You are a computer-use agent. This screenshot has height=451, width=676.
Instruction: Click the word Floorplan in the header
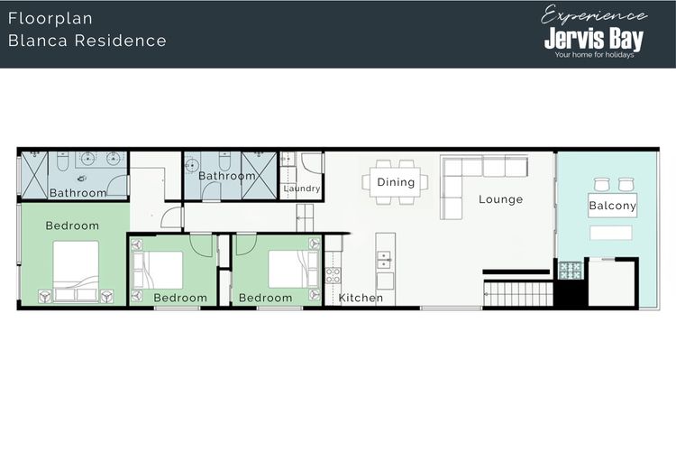(50, 19)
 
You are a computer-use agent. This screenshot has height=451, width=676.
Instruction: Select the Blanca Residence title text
(87, 41)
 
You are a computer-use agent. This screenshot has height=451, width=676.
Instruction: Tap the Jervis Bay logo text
(594, 39)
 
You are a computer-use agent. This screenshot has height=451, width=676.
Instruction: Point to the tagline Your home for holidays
(594, 55)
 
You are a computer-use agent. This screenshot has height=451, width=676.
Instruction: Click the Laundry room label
(302, 189)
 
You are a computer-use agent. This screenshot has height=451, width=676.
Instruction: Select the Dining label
(396, 182)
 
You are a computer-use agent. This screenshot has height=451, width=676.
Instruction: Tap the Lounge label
(500, 199)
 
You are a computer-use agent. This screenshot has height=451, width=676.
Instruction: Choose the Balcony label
(613, 206)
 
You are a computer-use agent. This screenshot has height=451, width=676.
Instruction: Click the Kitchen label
(361, 298)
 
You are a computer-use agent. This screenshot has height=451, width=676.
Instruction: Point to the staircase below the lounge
(518, 293)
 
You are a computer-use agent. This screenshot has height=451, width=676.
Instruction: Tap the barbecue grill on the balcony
(571, 271)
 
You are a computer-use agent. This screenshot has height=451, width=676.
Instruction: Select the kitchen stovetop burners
(333, 275)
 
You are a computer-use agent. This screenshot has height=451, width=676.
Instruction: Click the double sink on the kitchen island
(384, 260)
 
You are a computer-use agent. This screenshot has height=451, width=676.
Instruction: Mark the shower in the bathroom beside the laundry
(259, 176)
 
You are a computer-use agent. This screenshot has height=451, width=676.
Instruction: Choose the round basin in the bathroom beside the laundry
(191, 165)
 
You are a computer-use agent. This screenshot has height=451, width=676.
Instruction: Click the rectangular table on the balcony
(611, 233)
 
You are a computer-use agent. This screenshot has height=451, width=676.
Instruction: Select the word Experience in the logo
(594, 15)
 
